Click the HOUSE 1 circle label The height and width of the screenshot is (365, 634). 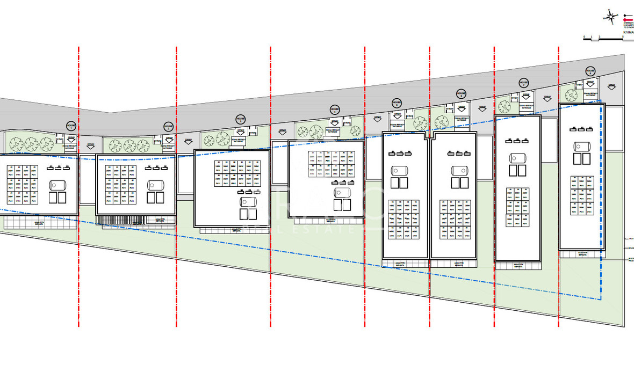[71, 126]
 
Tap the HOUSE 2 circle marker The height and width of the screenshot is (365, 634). [168, 127]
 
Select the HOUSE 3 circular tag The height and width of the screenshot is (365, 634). [241, 119]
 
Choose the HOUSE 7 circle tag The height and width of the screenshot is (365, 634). [524, 83]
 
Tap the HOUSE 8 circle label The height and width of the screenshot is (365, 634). [590, 71]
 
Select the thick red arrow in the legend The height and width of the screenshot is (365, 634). [628, 16]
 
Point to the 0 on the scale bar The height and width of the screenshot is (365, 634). [585, 35]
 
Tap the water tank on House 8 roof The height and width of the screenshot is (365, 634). [581, 146]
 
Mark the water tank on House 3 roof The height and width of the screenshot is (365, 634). [248, 202]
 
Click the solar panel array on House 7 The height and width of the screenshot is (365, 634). [517, 207]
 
